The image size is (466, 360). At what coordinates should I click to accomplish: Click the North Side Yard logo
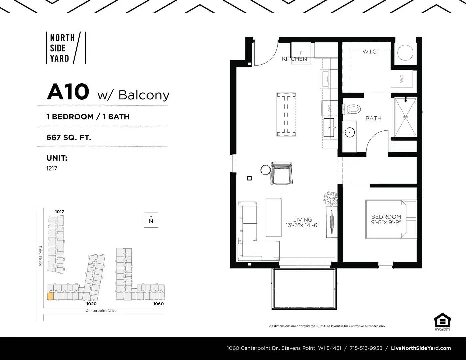(66, 48)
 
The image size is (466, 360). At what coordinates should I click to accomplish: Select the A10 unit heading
(68, 92)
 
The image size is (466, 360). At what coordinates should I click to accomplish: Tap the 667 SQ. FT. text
(69, 137)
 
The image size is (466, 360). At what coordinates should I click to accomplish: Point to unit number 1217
(52, 168)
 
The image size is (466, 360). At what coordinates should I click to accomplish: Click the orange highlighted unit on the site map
(50, 296)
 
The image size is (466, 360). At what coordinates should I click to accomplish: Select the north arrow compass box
(151, 220)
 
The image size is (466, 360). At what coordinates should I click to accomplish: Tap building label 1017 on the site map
(60, 212)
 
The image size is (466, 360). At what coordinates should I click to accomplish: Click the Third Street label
(40, 256)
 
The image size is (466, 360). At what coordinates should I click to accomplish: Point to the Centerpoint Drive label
(101, 311)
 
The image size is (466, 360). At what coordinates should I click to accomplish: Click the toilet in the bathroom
(353, 109)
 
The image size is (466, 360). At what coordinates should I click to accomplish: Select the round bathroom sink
(349, 132)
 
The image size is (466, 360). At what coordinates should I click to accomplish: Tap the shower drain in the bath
(406, 117)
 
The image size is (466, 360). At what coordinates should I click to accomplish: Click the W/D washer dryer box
(402, 79)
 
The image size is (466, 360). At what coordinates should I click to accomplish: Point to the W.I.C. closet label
(370, 52)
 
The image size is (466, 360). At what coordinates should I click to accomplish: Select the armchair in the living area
(282, 173)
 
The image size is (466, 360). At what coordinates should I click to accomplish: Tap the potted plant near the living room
(330, 198)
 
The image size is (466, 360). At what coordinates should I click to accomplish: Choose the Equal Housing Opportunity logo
(442, 322)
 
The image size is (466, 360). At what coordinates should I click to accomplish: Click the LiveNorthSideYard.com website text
(421, 348)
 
